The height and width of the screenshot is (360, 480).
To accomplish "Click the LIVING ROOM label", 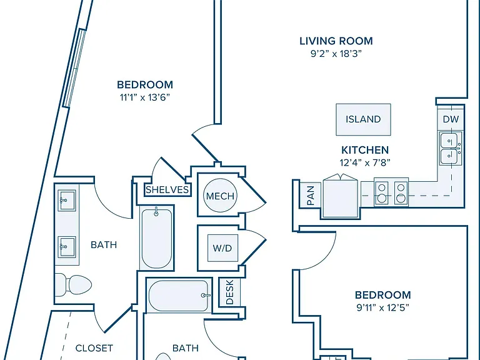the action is [336, 41].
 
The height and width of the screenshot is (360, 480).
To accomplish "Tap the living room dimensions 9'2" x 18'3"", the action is [336, 54].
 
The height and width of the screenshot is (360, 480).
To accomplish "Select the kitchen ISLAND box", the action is [363, 119].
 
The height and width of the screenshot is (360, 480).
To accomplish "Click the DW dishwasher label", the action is [451, 119].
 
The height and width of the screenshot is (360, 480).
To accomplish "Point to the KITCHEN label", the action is [365, 150].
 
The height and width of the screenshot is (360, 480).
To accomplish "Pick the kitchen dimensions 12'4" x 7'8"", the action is [365, 162].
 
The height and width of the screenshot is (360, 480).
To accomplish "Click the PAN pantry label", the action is [311, 196].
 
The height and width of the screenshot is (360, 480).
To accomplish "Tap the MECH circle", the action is [220, 196].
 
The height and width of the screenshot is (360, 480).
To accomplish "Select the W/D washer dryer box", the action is [222, 248].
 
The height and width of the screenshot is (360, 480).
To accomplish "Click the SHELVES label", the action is [167, 190].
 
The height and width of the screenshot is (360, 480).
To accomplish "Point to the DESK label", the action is [229, 292].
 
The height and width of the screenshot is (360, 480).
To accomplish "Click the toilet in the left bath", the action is [74, 285].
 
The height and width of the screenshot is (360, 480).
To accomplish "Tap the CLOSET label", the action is [94, 348].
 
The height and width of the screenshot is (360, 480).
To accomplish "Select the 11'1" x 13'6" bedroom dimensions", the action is [145, 97].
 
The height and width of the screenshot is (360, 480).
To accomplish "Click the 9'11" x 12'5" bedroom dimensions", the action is [382, 307].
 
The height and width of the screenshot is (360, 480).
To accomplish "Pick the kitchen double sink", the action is [450, 149].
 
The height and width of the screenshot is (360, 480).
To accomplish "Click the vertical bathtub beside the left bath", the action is [157, 237].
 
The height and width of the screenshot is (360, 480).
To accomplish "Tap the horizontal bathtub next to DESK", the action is [179, 296].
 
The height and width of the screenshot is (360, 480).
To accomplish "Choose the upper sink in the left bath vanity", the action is [67, 200].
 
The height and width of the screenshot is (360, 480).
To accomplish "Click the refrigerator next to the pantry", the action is [341, 196].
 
